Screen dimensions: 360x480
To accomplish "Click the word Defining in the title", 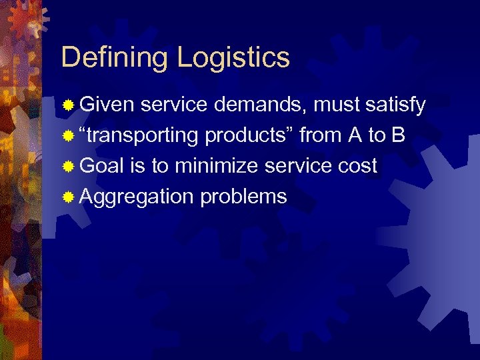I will point(115,58).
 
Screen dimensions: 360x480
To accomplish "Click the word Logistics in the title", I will point(233,58).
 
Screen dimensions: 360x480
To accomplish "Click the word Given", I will point(107,105).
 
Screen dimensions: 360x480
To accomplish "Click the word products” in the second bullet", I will point(249,135).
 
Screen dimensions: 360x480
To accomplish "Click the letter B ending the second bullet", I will point(398,135).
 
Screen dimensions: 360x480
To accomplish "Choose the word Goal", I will point(102,166).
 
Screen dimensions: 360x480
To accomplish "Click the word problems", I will point(243,197).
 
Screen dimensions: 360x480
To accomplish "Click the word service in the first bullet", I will point(170,105).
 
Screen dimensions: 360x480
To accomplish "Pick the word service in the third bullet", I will point(294,166).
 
